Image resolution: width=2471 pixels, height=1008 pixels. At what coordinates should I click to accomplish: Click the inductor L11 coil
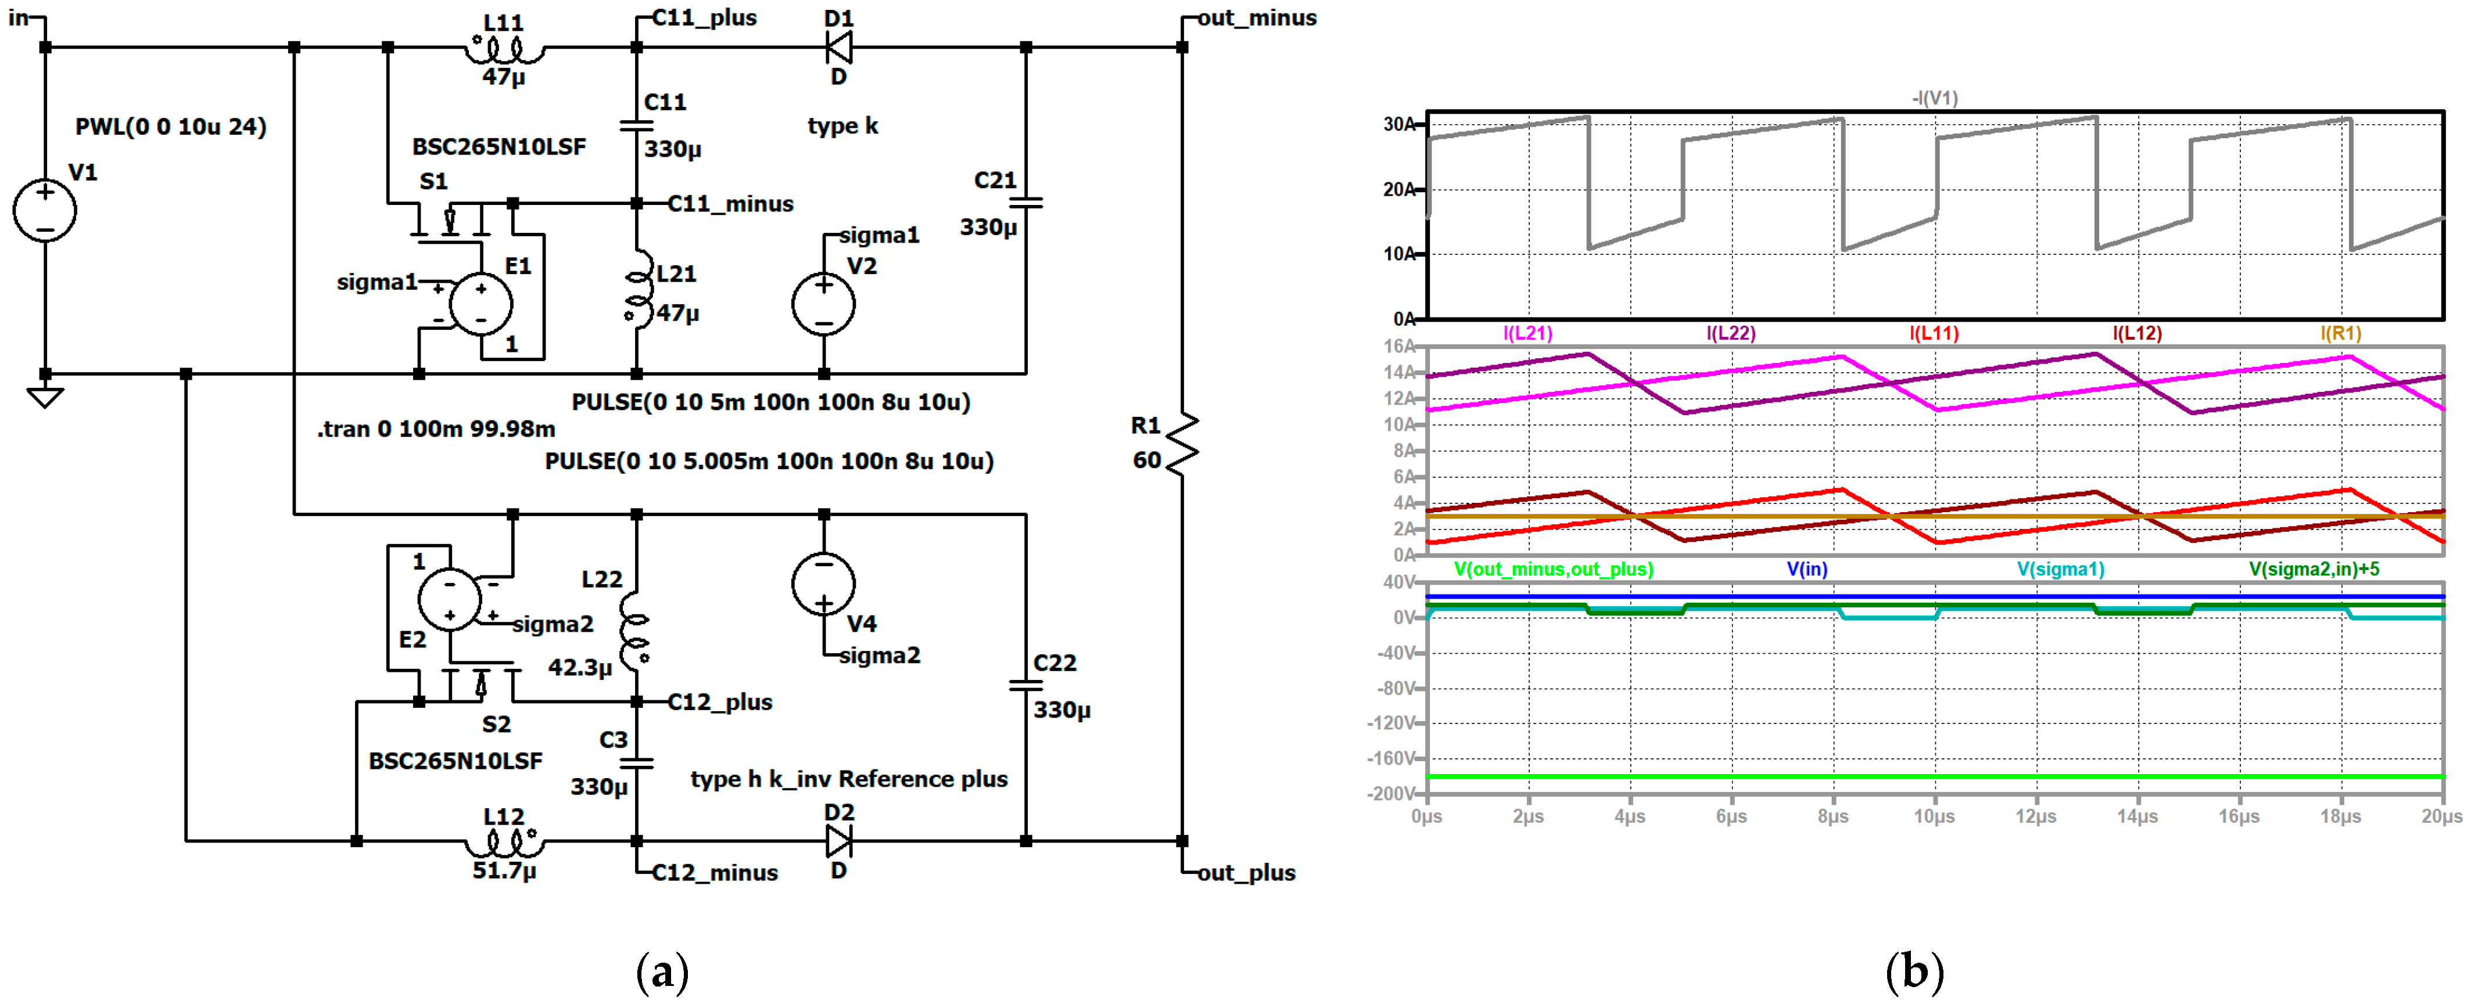(x=504, y=48)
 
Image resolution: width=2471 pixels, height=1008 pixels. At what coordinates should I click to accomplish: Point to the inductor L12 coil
(x=504, y=842)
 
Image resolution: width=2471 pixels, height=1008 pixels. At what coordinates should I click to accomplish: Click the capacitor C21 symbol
(x=1027, y=203)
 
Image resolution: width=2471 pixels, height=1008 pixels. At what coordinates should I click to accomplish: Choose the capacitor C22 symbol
(x=1027, y=685)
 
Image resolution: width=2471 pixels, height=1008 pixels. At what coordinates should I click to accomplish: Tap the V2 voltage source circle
(x=823, y=304)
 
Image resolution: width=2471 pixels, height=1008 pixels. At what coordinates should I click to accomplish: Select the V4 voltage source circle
(x=823, y=583)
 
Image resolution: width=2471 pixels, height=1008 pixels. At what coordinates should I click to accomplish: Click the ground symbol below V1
(x=44, y=396)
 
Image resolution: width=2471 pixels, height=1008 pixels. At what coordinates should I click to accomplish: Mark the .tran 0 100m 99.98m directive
(x=436, y=429)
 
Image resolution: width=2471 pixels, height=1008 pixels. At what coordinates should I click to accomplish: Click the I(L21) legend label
(x=1527, y=333)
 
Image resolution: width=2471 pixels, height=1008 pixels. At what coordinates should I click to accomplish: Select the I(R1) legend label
(x=2340, y=333)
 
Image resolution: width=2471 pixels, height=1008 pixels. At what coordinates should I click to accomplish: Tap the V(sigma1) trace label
(x=2060, y=568)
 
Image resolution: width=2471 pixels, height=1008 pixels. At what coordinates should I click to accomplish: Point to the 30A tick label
(x=1398, y=124)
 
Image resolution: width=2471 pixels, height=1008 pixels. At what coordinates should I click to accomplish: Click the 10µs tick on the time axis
(x=1934, y=816)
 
